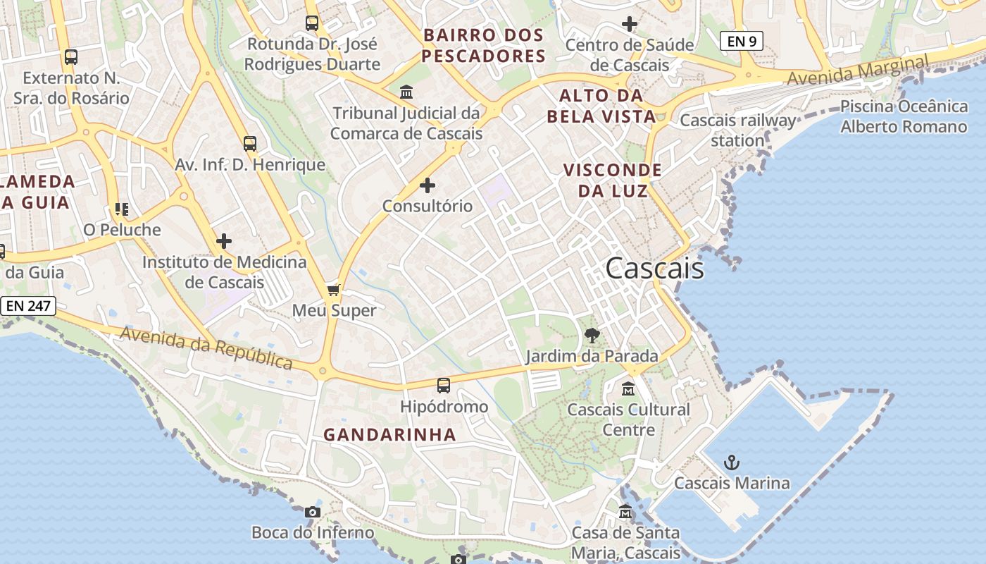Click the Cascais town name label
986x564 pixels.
[654, 269]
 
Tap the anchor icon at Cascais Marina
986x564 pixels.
[732, 463]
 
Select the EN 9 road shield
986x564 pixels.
[742, 42]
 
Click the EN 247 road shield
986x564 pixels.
[28, 306]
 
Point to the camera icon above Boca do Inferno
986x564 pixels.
[313, 513]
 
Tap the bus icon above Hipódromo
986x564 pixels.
[443, 386]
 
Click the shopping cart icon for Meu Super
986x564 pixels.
[334, 290]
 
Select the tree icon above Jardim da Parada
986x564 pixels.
[592, 336]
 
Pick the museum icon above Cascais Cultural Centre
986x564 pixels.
[628, 388]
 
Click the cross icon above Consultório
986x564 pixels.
[428, 185]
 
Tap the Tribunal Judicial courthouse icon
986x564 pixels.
[406, 92]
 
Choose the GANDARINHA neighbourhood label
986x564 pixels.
[389, 435]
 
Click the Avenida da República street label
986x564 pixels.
[206, 348]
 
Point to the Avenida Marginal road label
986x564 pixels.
[857, 72]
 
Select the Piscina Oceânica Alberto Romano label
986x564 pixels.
[904, 117]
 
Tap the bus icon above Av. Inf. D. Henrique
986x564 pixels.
[250, 144]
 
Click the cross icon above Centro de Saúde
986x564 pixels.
[630, 25]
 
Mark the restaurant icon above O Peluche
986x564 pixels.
[122, 209]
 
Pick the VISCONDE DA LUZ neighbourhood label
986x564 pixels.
[612, 180]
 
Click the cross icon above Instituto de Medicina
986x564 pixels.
[224, 241]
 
